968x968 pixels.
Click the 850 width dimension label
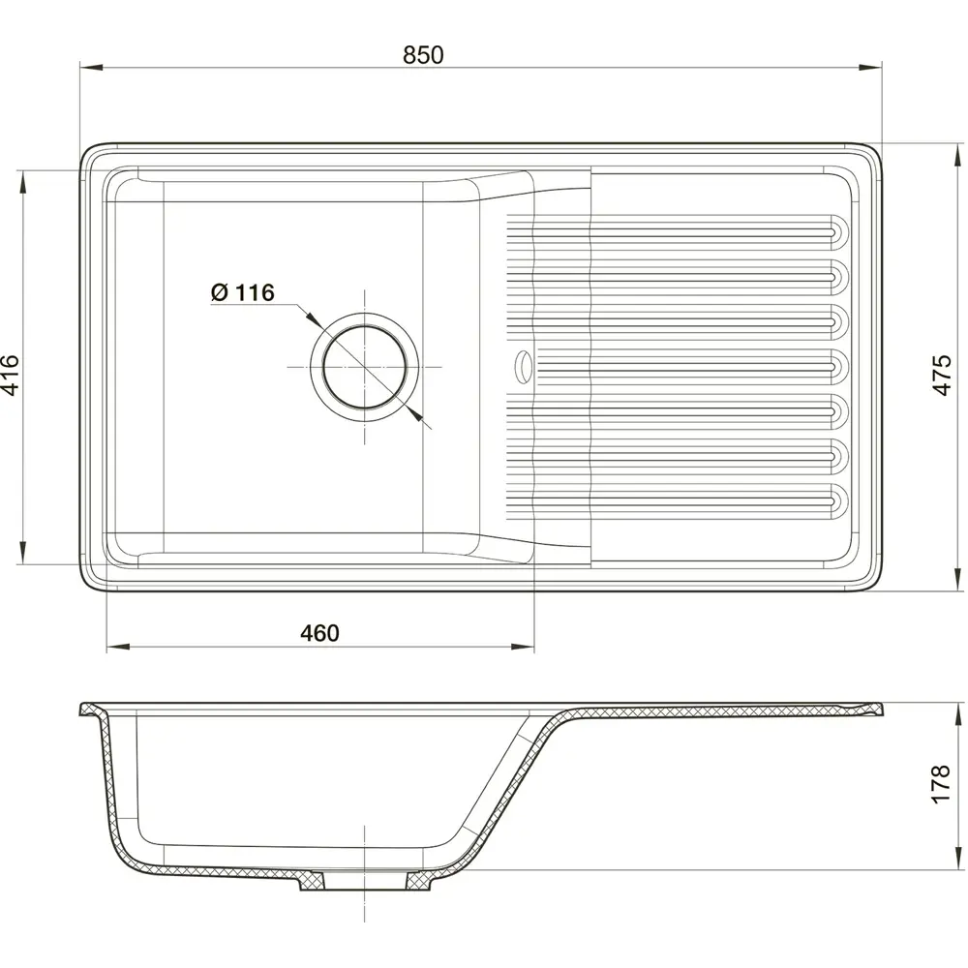point(423,55)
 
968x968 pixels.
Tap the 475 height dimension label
point(942,375)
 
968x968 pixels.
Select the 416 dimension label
point(11,375)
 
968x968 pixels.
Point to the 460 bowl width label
point(319,633)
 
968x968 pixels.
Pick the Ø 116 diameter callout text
point(242,292)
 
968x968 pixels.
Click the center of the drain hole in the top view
point(364,367)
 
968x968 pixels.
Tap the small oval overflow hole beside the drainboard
point(523,365)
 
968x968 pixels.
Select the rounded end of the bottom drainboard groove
point(839,500)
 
